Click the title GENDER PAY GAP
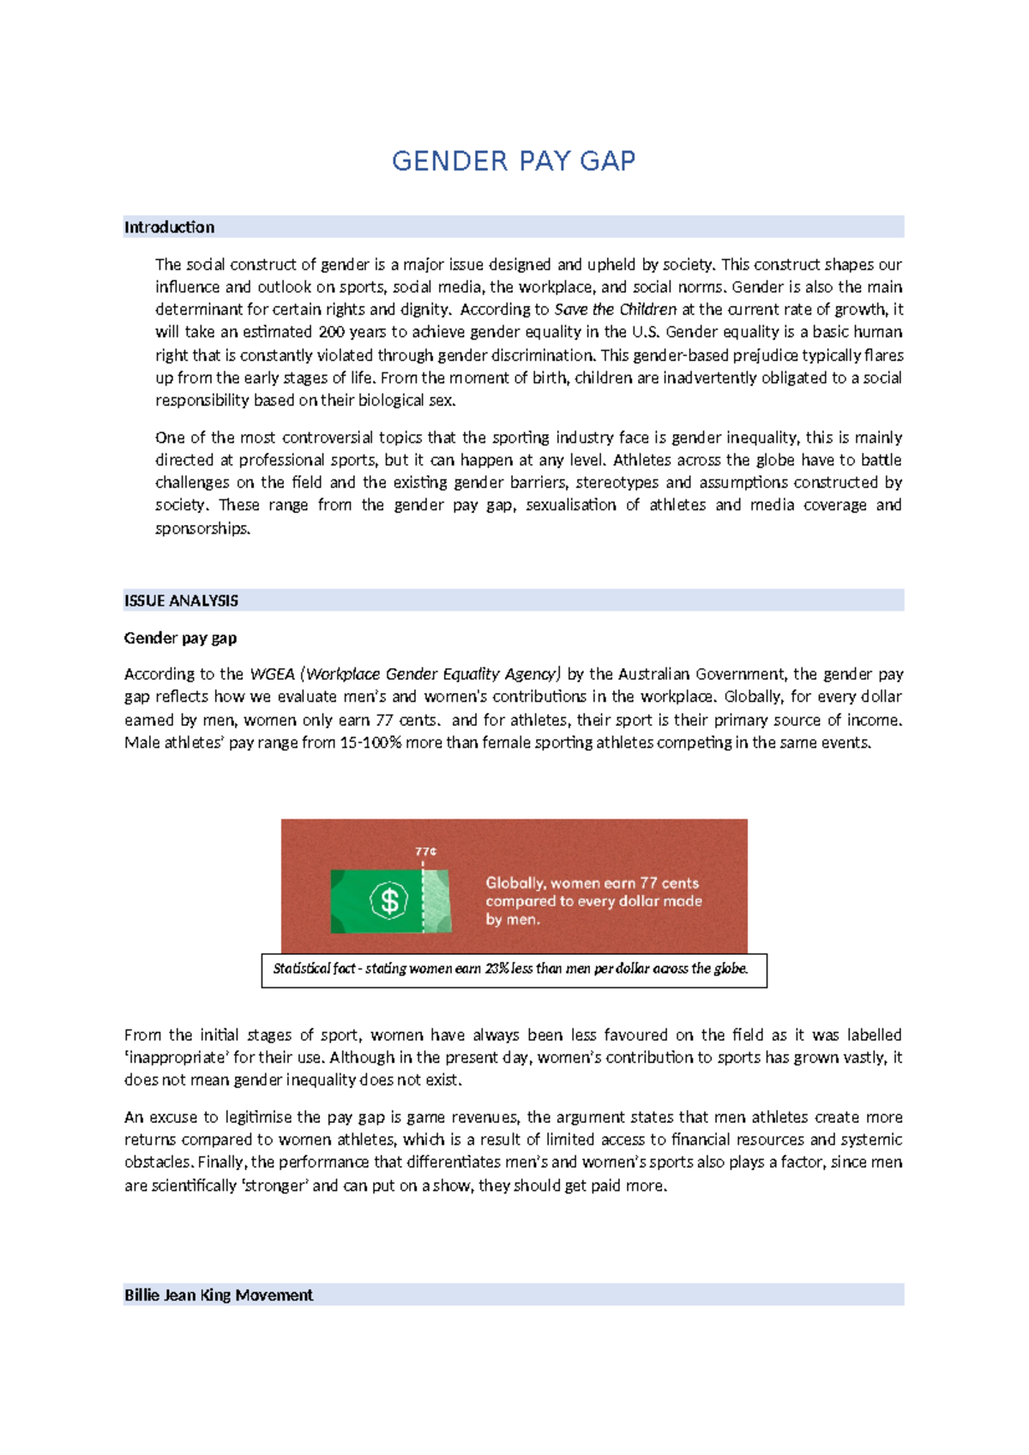[514, 161]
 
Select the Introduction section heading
[169, 227]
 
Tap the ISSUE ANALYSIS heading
[181, 601]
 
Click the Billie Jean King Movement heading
[219, 1295]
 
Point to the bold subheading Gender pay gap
[180, 637]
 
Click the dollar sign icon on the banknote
[389, 901]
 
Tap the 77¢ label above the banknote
[425, 851]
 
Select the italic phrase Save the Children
[615, 310]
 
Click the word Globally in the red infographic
[514, 883]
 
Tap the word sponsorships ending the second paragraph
[202, 528]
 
